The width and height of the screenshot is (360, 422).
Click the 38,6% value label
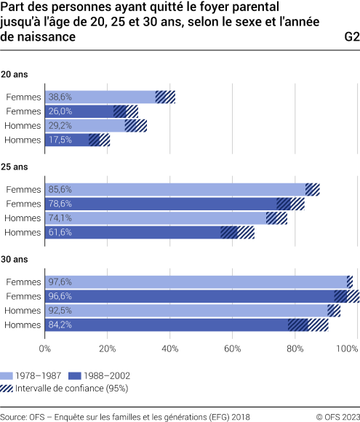pyautogui.click(x=60, y=97)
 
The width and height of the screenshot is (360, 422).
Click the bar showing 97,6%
pyautogui.click(x=196, y=282)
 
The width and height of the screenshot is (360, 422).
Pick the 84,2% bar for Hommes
pyautogui.click(x=167, y=325)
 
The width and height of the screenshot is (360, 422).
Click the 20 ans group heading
pyautogui.click(x=15, y=74)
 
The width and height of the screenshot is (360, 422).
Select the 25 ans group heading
pyautogui.click(x=15, y=167)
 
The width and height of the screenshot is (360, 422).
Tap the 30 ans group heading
pyautogui.click(x=15, y=260)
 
